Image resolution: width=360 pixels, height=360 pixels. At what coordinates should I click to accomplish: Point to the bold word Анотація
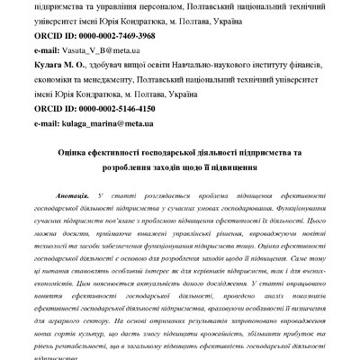[x=97, y=195]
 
